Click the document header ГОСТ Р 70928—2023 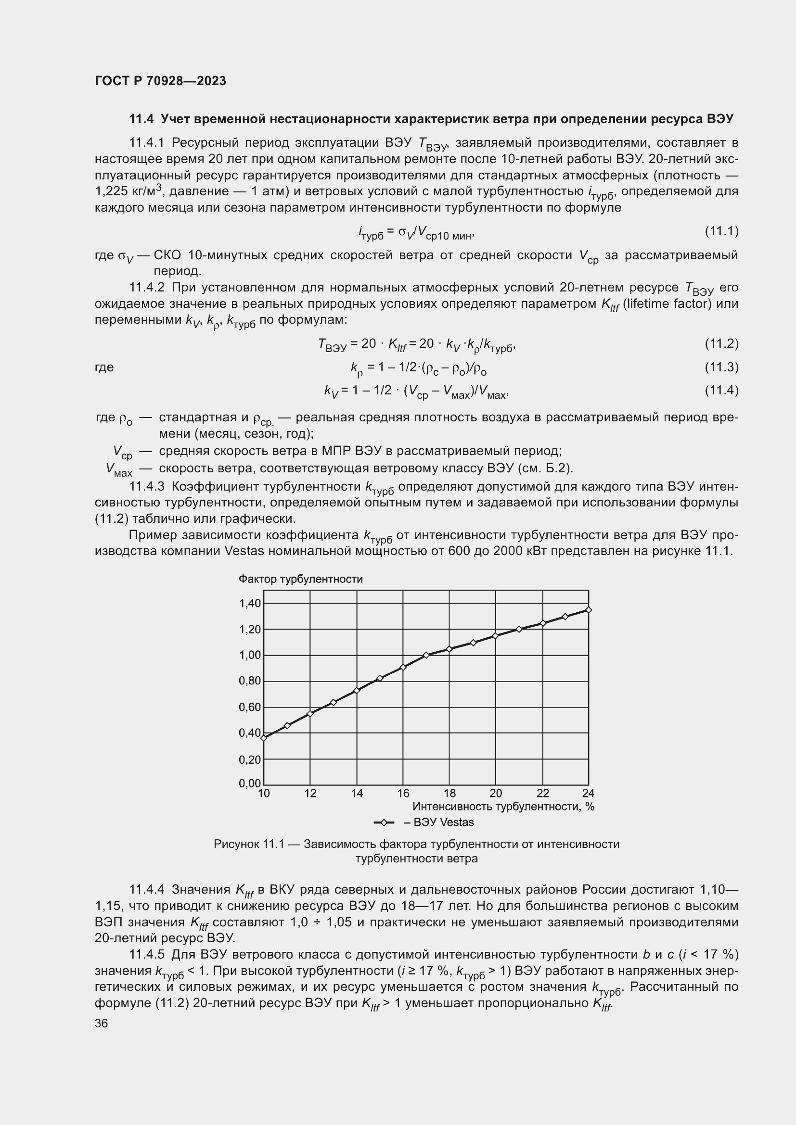[x=160, y=81]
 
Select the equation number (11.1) [x=721, y=231]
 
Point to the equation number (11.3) [x=721, y=367]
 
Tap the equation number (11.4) [x=721, y=391]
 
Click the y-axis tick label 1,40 [x=250, y=603]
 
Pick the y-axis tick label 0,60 [x=250, y=708]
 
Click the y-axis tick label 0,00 [x=250, y=784]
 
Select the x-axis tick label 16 [x=403, y=793]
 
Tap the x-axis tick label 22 [x=542, y=793]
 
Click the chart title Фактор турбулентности [x=300, y=579]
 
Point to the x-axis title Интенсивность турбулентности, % [x=503, y=807]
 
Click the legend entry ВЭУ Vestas [x=438, y=822]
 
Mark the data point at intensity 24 [x=589, y=610]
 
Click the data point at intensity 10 [x=264, y=738]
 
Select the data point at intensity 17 [x=426, y=655]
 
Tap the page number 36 [x=102, y=1023]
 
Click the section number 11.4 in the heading [x=141, y=119]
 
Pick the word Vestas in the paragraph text [x=244, y=551]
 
